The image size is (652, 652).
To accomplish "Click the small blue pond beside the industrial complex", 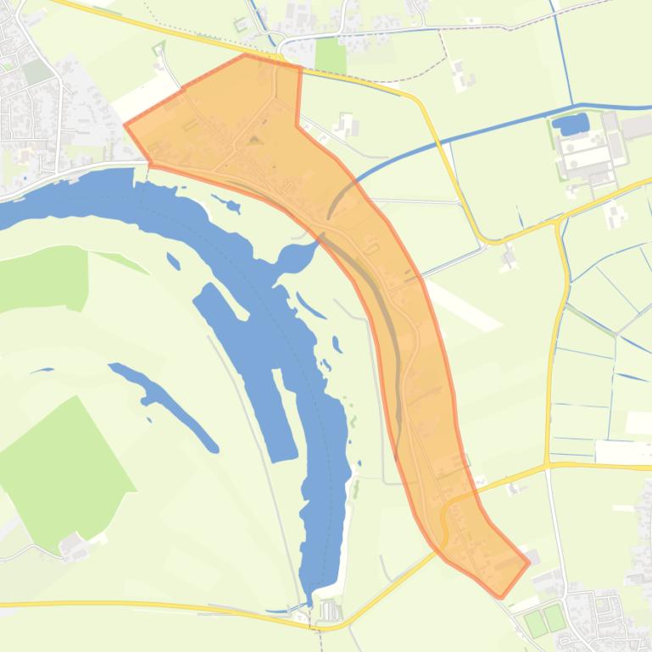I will (571, 125).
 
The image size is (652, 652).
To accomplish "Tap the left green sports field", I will (535, 622).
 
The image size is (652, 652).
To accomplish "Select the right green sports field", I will (554, 617).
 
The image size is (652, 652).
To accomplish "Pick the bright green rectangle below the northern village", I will (331, 55).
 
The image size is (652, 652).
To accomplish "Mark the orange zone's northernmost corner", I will (246, 55).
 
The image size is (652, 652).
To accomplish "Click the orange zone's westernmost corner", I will (125, 125).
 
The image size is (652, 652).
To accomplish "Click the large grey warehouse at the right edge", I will (638, 127).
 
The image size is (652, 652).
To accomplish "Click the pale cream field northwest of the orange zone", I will (140, 93).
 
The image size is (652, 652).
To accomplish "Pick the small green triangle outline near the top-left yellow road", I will (159, 49).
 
